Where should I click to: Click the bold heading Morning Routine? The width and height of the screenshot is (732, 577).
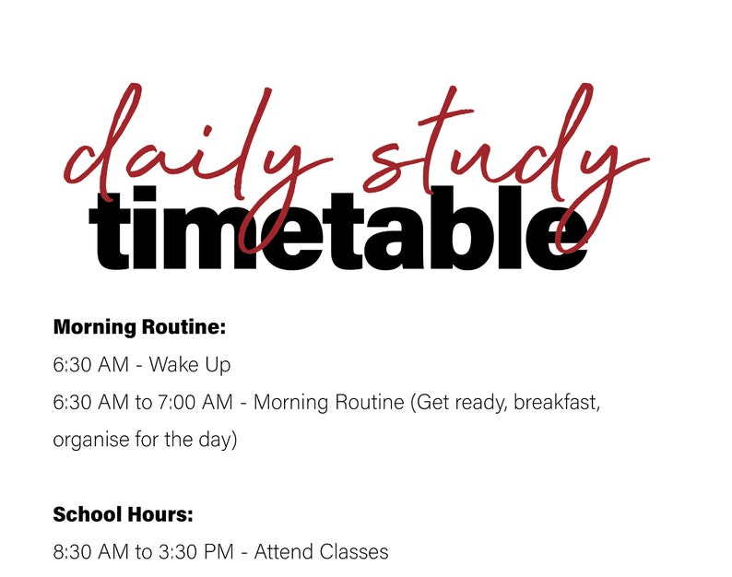tap(139, 327)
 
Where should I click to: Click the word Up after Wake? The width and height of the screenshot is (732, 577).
tap(218, 365)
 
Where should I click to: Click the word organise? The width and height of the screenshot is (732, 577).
tap(89, 441)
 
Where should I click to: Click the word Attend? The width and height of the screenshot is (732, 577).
tap(283, 552)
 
